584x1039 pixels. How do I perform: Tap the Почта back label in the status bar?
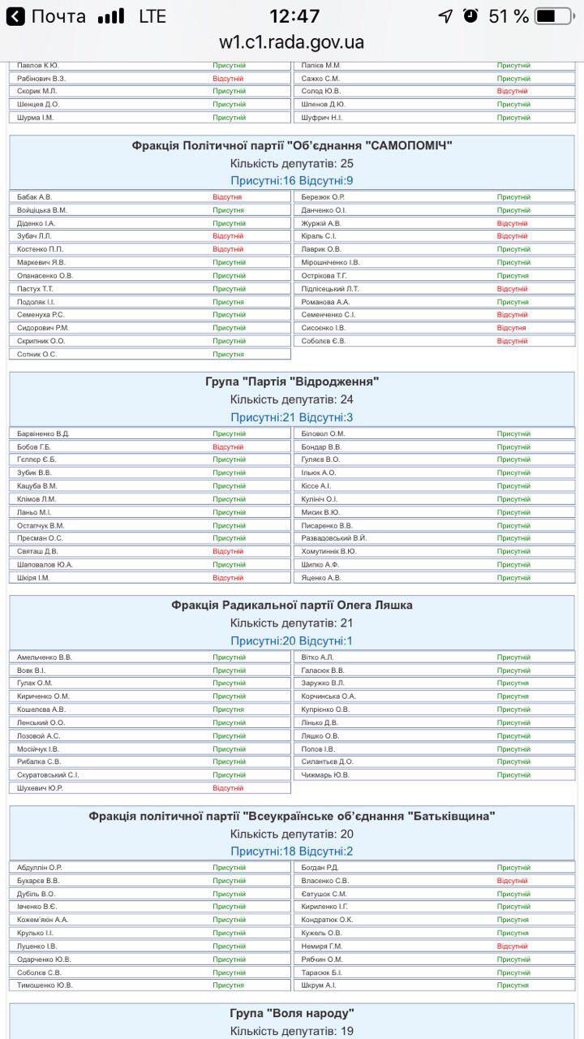point(58,16)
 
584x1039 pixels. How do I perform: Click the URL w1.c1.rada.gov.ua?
point(292,42)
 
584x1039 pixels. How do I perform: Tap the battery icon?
point(555,16)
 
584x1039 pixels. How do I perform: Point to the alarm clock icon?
point(470,16)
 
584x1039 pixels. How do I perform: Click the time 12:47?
point(294,16)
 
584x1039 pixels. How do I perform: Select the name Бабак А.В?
point(34,197)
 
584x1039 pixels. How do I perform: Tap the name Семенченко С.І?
point(328,315)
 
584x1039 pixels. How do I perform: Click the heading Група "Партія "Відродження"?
point(292,382)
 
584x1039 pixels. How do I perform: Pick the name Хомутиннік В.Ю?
point(328,552)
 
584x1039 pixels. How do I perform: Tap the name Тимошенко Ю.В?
point(45,985)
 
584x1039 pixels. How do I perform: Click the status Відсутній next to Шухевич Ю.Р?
point(228,788)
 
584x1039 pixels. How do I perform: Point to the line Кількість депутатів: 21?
point(292,623)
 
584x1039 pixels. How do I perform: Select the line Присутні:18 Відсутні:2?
point(292,851)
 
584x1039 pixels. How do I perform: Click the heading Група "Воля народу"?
point(292,1013)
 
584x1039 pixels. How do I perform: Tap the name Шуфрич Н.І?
point(321,118)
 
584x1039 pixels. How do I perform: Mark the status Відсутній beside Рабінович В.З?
point(228,78)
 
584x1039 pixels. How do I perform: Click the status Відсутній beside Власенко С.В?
point(513,881)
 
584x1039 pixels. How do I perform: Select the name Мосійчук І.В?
point(38,749)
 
